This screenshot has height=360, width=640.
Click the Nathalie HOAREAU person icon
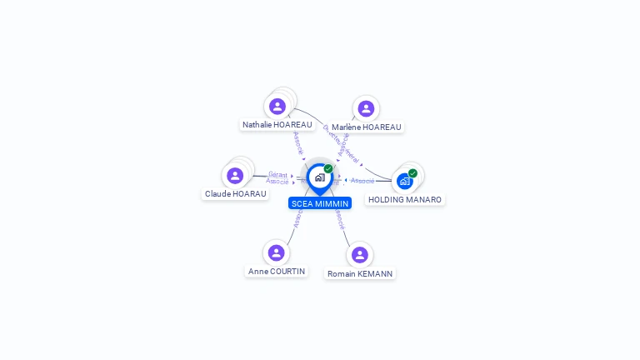pyautogui.click(x=277, y=107)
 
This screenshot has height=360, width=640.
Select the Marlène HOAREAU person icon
pyautogui.click(x=366, y=108)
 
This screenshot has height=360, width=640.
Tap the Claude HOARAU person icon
pyautogui.click(x=235, y=176)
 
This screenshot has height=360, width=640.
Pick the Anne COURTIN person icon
pyautogui.click(x=277, y=252)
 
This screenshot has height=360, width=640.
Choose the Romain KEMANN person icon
pyautogui.click(x=360, y=254)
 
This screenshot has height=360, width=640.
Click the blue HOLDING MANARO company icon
pyautogui.click(x=405, y=181)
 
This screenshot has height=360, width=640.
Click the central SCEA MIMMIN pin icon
pyautogui.click(x=319, y=177)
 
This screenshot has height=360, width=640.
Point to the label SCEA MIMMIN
pyautogui.click(x=320, y=203)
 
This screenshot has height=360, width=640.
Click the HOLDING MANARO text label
pyautogui.click(x=405, y=200)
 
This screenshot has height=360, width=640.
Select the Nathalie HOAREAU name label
pyautogui.click(x=277, y=125)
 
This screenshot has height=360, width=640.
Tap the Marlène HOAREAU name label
pyautogui.click(x=367, y=127)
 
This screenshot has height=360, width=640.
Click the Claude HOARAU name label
pyautogui.click(x=236, y=194)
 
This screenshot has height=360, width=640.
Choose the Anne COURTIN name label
pyautogui.click(x=277, y=272)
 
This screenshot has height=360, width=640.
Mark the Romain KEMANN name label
pyautogui.click(x=360, y=274)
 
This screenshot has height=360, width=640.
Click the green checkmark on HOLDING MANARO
pyautogui.click(x=412, y=173)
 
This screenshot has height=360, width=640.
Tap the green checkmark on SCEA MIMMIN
pyautogui.click(x=328, y=169)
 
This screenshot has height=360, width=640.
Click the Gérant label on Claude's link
pyautogui.click(x=277, y=174)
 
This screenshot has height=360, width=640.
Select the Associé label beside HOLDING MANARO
pyautogui.click(x=362, y=181)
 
